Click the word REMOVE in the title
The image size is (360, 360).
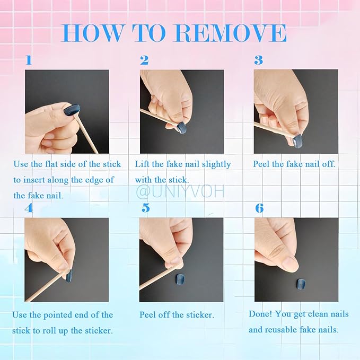point(231,33)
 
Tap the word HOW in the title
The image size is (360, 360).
point(91,33)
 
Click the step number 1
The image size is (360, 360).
point(29,60)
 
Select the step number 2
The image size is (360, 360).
point(144,60)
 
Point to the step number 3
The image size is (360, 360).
point(258,60)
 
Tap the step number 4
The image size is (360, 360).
point(29,208)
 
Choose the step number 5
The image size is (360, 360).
point(145,208)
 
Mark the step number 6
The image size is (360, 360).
point(259,208)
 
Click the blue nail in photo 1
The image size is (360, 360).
point(72,110)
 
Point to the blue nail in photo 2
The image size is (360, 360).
point(181,128)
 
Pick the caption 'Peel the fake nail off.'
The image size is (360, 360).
point(294,164)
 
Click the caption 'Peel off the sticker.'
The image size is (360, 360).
point(177,315)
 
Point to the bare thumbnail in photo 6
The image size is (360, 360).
point(289,262)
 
